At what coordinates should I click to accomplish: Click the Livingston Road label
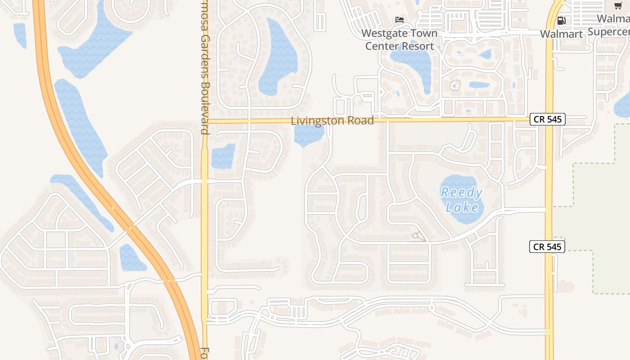click(332, 121)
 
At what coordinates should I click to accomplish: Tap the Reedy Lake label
click(462, 200)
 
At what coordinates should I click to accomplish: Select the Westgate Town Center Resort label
click(399, 40)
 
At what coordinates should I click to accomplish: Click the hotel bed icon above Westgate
click(399, 19)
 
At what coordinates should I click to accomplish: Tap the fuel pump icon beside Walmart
click(561, 20)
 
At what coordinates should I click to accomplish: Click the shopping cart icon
click(618, 5)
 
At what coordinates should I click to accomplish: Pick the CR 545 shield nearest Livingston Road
click(547, 119)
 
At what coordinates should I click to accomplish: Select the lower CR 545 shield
click(547, 247)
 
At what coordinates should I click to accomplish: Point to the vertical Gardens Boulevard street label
click(205, 67)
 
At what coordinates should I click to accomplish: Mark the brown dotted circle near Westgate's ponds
click(455, 85)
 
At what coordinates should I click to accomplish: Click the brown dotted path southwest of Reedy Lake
click(418, 237)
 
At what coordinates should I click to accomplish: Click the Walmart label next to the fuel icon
click(561, 34)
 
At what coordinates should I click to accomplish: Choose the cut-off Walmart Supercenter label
click(610, 25)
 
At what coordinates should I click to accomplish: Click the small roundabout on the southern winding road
click(432, 307)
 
